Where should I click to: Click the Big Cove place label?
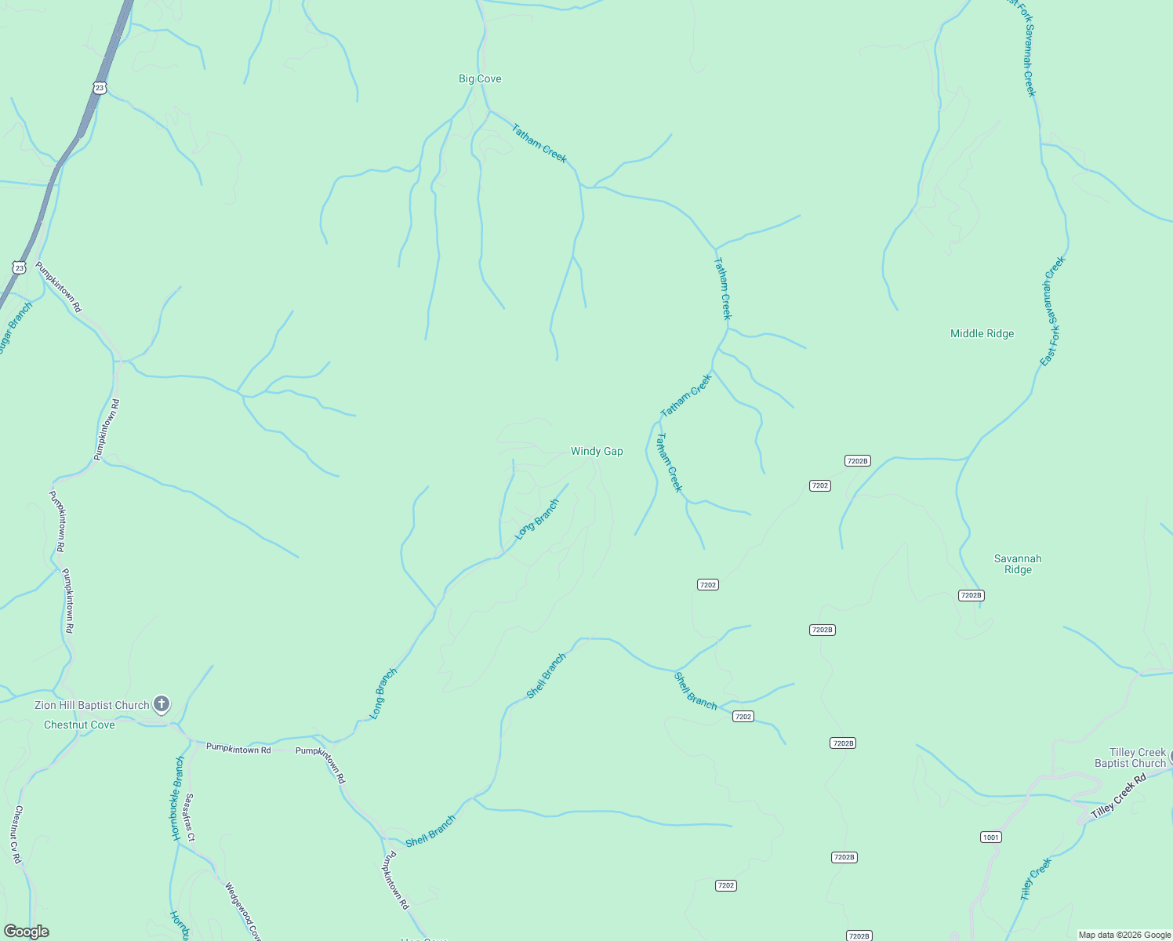480,78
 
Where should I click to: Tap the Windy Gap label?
597,451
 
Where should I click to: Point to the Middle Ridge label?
982,333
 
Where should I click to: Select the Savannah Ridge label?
1018,564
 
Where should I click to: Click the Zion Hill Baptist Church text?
92,705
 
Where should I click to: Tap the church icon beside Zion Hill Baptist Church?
162,704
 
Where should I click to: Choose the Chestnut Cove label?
79,725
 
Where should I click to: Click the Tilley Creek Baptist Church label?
1130,758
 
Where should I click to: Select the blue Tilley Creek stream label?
1036,878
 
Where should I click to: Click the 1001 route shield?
991,837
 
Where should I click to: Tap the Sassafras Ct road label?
190,816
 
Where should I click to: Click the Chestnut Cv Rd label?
17,834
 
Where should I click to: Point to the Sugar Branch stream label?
15,328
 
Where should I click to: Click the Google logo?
26,932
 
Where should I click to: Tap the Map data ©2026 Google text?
1124,935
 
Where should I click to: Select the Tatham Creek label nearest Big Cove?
539,143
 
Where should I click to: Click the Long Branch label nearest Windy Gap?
537,519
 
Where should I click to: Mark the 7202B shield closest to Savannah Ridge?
971,595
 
